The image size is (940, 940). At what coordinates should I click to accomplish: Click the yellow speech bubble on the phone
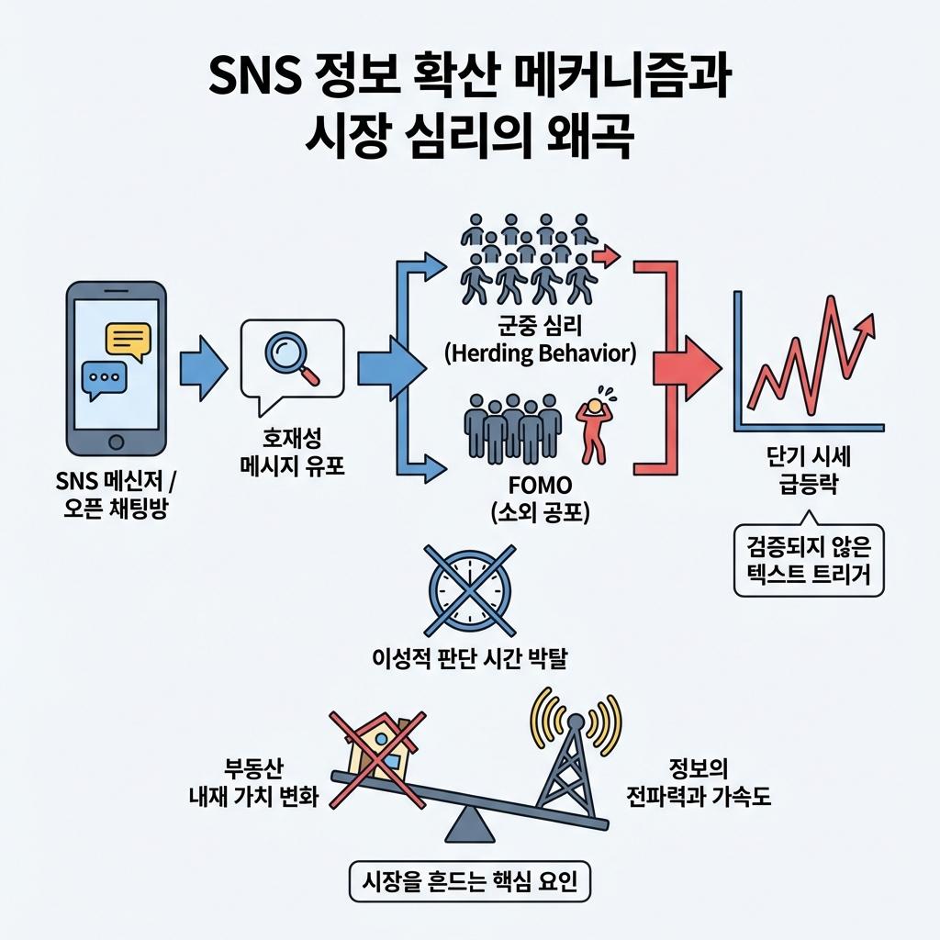pos(128,341)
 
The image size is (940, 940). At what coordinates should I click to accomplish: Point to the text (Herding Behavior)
pos(539,353)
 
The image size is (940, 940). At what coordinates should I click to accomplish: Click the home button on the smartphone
pos(117,442)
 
